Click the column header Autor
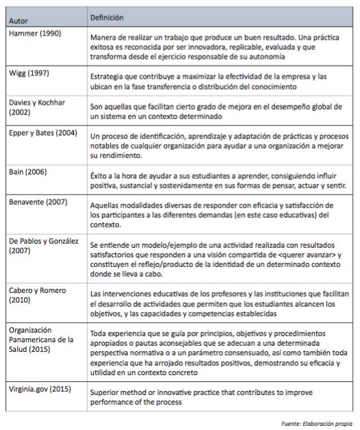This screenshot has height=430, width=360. pyautogui.click(x=20, y=21)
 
